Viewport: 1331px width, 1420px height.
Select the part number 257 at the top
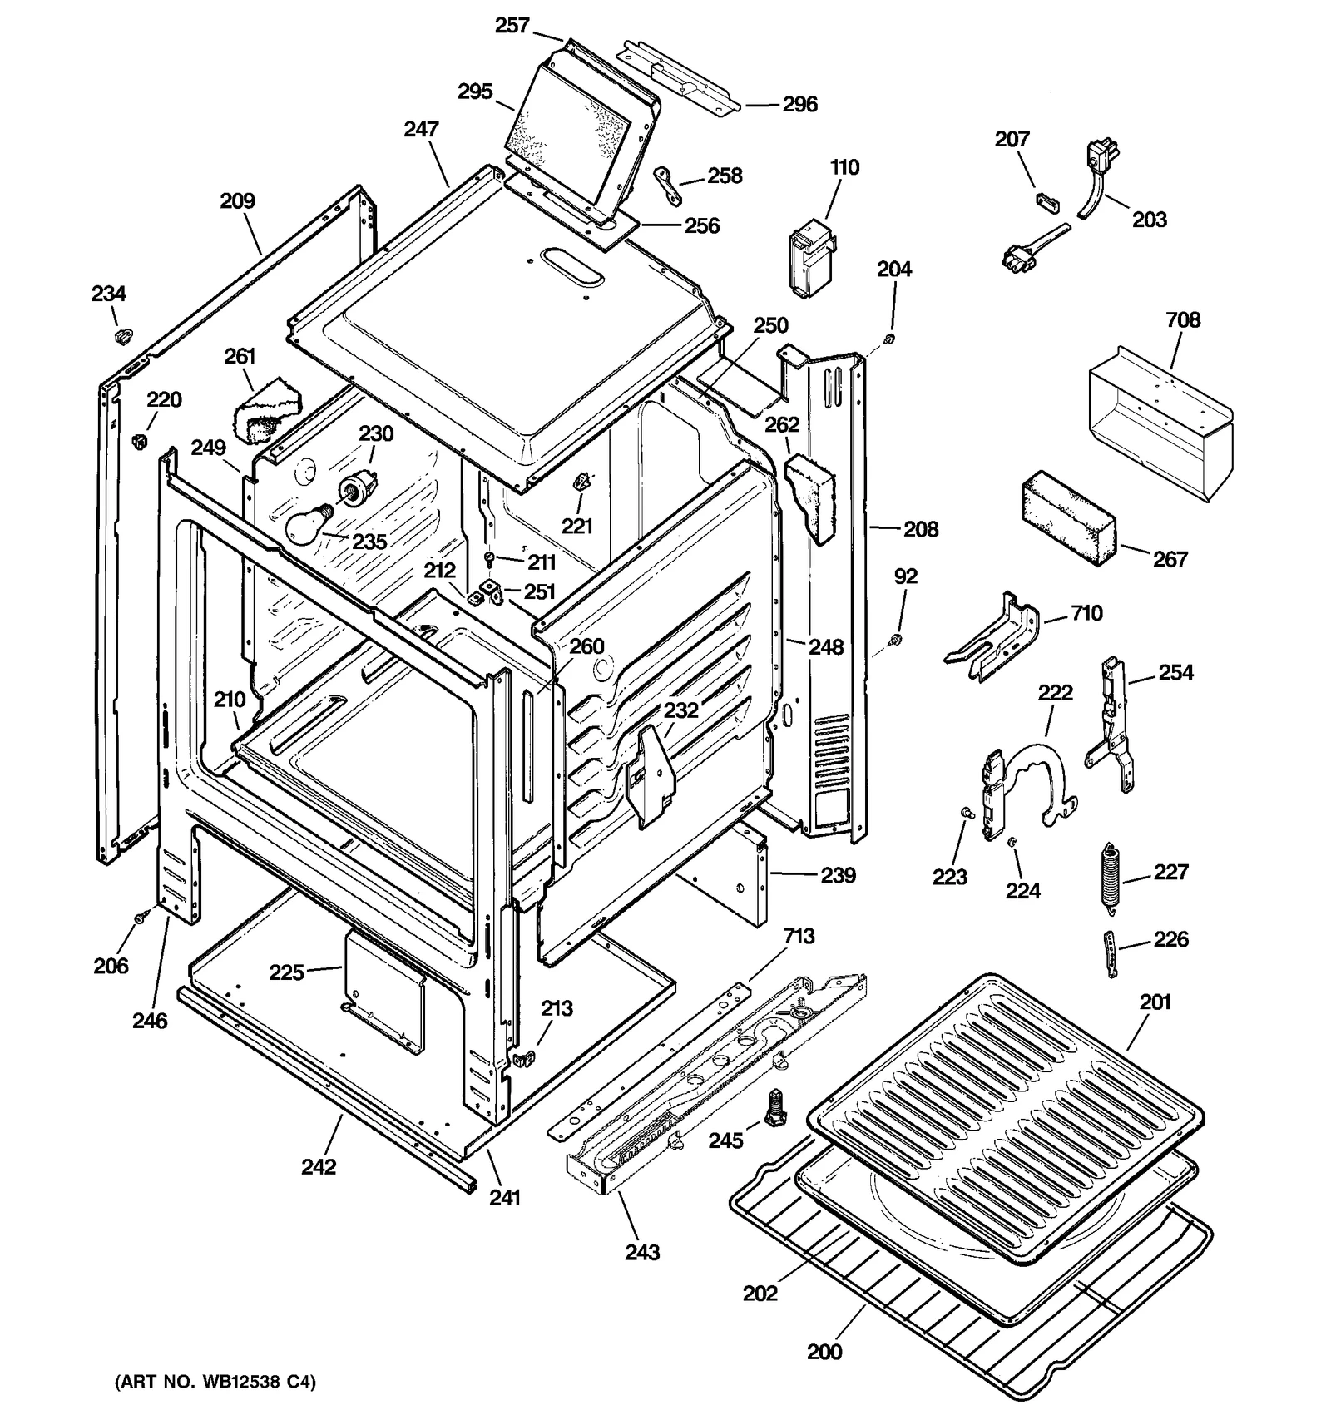512,26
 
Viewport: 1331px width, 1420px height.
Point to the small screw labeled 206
140,916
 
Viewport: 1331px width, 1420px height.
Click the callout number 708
1182,320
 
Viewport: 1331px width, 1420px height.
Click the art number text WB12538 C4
215,1382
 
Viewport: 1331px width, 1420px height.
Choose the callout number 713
798,937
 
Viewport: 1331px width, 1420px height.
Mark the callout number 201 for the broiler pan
1155,1002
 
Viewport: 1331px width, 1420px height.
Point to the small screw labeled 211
492,556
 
